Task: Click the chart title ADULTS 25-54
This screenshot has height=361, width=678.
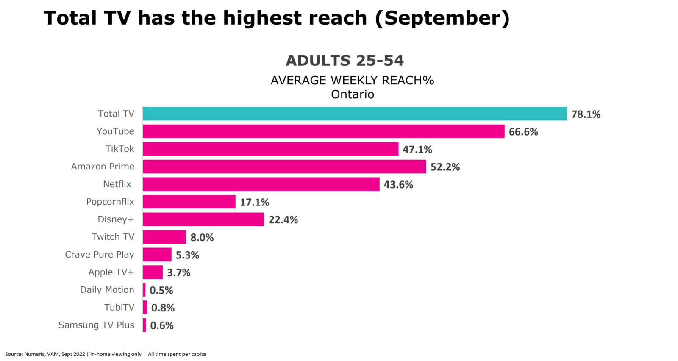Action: click(x=345, y=61)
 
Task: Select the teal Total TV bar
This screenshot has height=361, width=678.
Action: click(x=355, y=114)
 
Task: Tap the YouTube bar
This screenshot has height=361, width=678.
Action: click(x=324, y=131)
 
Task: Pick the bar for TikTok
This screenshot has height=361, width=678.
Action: click(x=271, y=149)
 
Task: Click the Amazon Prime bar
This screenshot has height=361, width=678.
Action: click(x=285, y=167)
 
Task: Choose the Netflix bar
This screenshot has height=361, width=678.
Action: click(x=261, y=184)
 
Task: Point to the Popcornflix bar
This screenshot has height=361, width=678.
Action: click(x=189, y=202)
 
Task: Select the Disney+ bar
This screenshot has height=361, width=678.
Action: click(x=204, y=219)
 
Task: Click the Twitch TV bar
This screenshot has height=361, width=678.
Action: click(x=164, y=237)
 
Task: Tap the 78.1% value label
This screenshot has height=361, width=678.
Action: click(x=586, y=114)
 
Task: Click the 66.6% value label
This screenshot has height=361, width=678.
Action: click(x=523, y=132)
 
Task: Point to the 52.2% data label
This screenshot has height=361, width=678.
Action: click(x=445, y=167)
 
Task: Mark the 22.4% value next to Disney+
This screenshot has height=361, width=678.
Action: click(x=283, y=220)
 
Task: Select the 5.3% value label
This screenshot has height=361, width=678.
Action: click(x=187, y=255)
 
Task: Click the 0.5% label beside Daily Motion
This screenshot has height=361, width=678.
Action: click(x=161, y=290)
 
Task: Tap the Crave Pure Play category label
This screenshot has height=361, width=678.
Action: click(x=100, y=255)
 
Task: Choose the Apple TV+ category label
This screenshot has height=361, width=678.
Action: click(x=111, y=272)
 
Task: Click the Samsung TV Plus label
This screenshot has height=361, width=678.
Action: click(x=96, y=325)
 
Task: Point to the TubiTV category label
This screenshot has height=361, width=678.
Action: click(x=119, y=307)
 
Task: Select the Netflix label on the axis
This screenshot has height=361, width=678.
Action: click(x=117, y=184)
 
